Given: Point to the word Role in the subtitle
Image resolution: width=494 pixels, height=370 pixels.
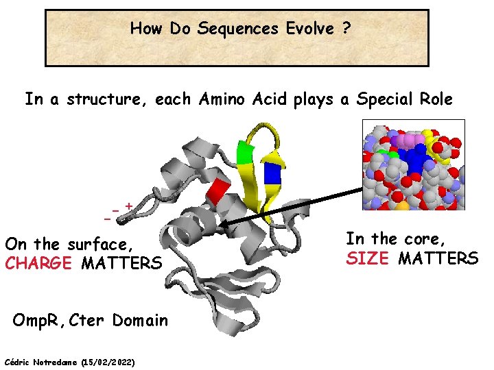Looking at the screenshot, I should point(434,99).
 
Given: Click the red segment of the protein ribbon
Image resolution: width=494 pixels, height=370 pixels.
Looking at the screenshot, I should point(218,194).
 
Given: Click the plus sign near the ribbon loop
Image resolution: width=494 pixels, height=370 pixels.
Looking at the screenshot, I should point(128,205).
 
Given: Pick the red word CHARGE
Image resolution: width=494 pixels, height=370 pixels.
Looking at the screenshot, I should point(38,263).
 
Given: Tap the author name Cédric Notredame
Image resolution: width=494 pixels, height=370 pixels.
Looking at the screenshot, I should point(41,361).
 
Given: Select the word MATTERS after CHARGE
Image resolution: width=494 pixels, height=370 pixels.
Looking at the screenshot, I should point(121,263).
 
